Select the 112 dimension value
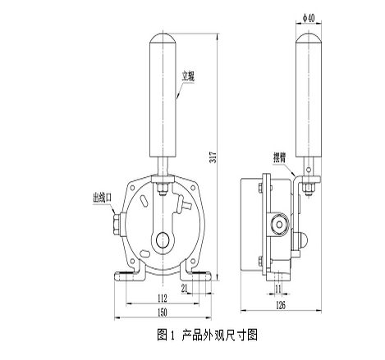162,298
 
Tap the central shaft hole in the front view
163,240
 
